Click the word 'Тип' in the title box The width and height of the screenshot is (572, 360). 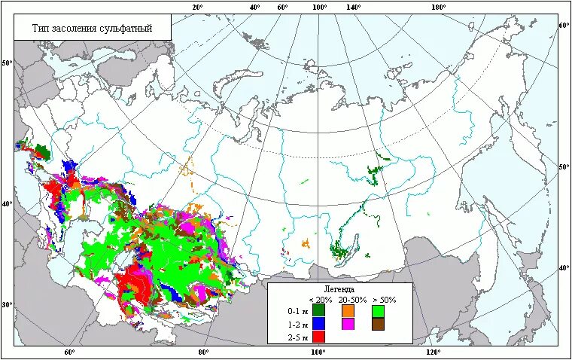pyautogui.click(x=40, y=29)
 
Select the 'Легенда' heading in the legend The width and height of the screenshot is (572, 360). pyautogui.click(x=339, y=288)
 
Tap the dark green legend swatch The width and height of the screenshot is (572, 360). pyautogui.click(x=319, y=310)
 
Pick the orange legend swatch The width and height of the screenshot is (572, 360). pyautogui.click(x=348, y=310)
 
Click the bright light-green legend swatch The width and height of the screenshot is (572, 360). pyautogui.click(x=378, y=310)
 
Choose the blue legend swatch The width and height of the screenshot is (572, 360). pyautogui.click(x=319, y=323)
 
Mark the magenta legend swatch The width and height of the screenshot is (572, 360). pyautogui.click(x=348, y=323)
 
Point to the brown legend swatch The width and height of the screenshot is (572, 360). pyautogui.click(x=378, y=323)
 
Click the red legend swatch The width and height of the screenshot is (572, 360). pyautogui.click(x=319, y=337)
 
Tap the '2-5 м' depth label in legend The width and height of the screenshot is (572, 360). pyautogui.click(x=298, y=337)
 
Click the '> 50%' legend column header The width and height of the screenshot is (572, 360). pyautogui.click(x=384, y=299)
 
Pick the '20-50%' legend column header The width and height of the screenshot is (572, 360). pyautogui.click(x=352, y=299)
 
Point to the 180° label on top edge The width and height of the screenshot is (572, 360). pyautogui.click(x=438, y=7)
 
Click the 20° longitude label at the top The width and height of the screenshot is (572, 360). pyautogui.click(x=197, y=7)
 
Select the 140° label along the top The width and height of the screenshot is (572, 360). pyautogui.click(x=353, y=7)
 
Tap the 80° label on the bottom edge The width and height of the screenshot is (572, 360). pyautogui.click(x=202, y=352)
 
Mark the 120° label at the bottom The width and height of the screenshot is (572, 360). pyautogui.click(x=433, y=352)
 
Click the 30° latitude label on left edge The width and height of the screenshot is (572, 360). pyautogui.click(x=7, y=304)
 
